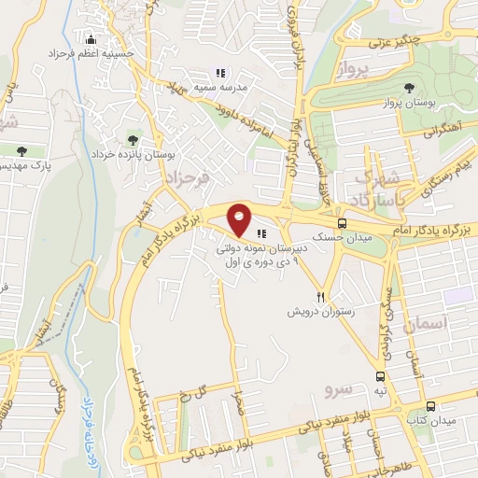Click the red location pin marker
coord(240,218)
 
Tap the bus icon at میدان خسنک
coord(342,223)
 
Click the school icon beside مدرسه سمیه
coord(220,73)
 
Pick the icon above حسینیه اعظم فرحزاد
coord(91,40)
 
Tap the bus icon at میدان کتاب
coord(430,406)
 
